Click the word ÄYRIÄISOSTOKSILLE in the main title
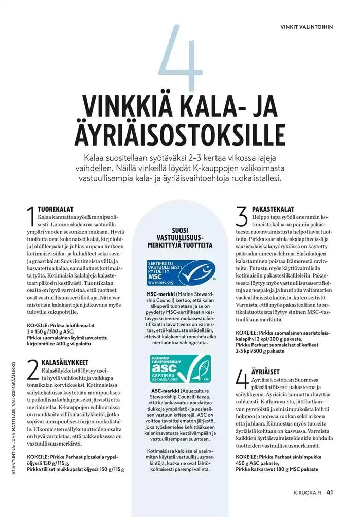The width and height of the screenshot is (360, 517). pyautogui.click(x=180, y=133)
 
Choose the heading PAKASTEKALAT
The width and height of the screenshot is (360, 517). pyautogui.click(x=273, y=209)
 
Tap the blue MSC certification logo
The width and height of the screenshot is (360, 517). pyautogui.click(x=179, y=272)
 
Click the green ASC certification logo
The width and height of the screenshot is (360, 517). pyautogui.click(x=179, y=368)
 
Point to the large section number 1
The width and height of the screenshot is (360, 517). pyautogui.click(x=30, y=218)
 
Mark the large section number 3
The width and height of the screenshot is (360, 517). pyautogui.click(x=242, y=218)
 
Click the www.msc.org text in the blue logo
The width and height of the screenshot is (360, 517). pyautogui.click(x=162, y=282)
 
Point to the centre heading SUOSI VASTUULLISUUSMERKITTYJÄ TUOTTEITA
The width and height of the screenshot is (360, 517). pyautogui.click(x=180, y=238)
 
